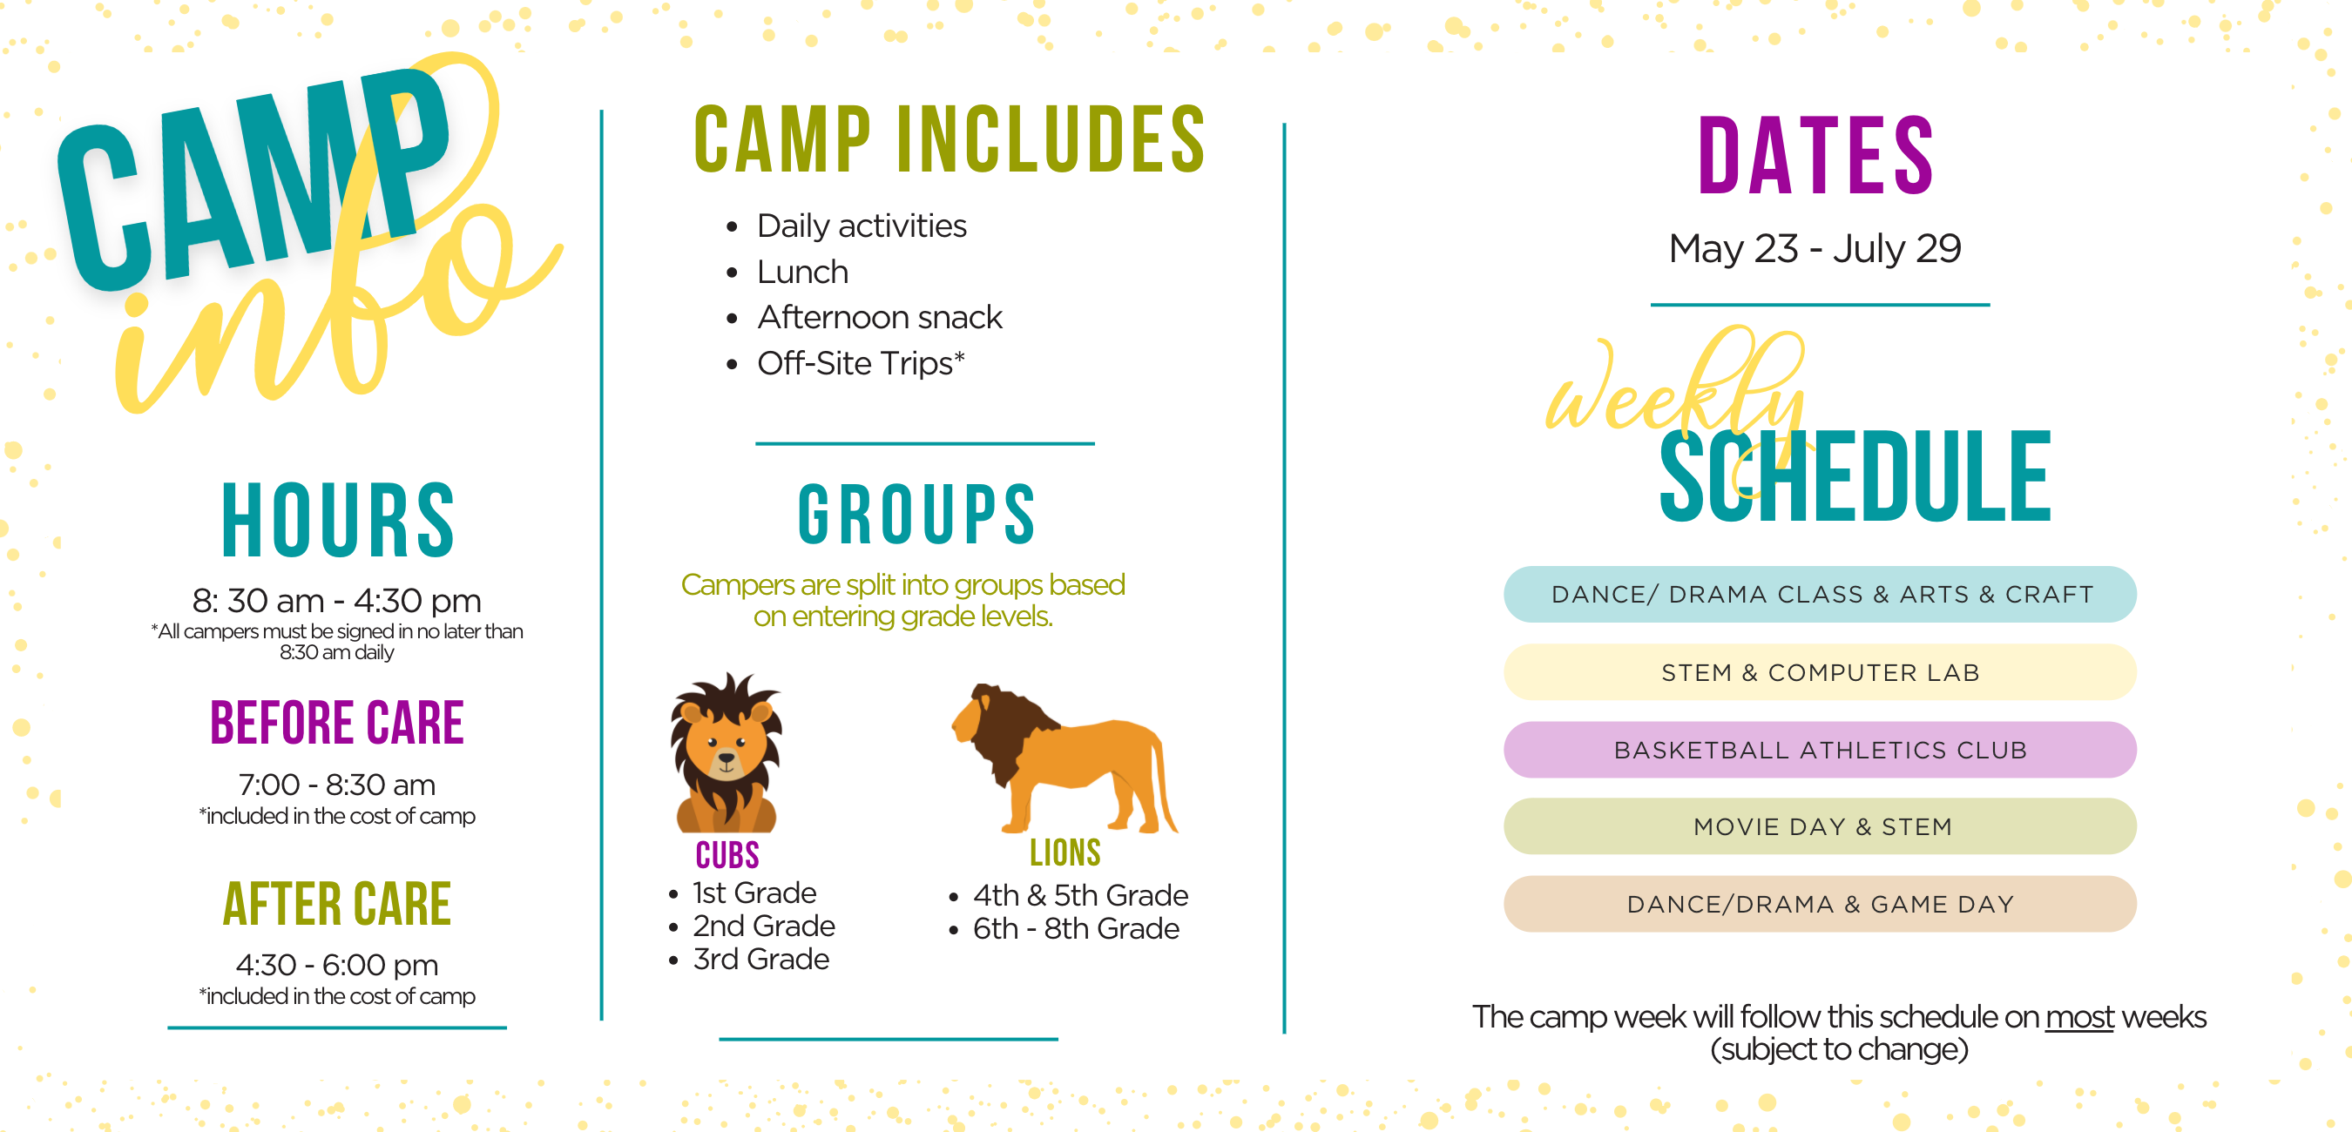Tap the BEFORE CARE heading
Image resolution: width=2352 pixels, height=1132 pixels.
[337, 723]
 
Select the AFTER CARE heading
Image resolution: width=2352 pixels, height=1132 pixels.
[337, 904]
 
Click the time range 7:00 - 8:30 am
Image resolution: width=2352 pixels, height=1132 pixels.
[337, 785]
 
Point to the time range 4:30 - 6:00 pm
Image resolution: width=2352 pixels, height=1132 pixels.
[337, 965]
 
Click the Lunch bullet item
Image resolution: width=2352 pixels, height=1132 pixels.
[802, 271]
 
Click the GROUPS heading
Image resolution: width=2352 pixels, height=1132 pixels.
[916, 515]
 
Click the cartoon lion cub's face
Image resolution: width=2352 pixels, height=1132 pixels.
[726, 748]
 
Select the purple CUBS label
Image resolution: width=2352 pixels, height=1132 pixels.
[727, 855]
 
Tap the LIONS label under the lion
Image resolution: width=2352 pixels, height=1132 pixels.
[1064, 852]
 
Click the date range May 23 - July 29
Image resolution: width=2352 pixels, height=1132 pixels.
[1815, 248]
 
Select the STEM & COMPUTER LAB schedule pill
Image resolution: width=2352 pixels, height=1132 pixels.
[1820, 673]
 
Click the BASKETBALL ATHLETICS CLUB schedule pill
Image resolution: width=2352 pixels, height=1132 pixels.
[1820, 751]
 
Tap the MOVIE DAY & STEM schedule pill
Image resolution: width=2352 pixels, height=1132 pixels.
[1820, 827]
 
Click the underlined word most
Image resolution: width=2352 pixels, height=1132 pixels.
[2079, 1017]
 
